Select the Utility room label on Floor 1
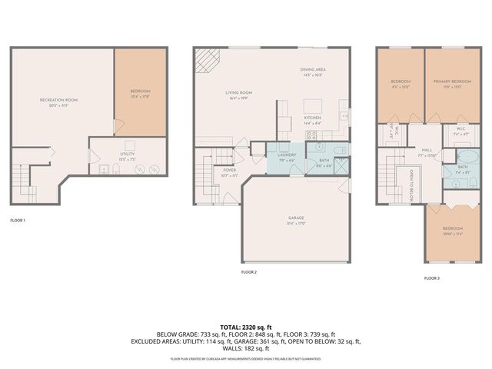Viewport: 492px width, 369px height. tap(128, 155)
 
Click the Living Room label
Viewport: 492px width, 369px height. tap(239, 93)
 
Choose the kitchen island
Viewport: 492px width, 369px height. tap(313, 105)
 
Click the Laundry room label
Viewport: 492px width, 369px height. tap(287, 155)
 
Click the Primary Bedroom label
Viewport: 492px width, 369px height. tap(452, 81)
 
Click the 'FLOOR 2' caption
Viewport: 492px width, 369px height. tap(248, 272)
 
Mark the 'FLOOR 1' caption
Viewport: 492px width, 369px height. tap(18, 221)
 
